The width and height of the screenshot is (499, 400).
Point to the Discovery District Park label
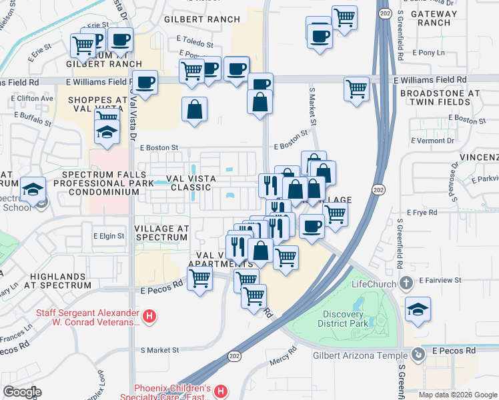(345, 319)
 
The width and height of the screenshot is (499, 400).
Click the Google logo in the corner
(22, 391)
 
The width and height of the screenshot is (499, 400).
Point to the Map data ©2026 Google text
(458, 395)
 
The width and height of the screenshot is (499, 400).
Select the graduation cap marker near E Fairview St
(418, 309)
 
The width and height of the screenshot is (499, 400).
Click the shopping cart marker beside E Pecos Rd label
(199, 280)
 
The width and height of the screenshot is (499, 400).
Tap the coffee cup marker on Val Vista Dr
(145, 83)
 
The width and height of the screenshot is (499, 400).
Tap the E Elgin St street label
(109, 236)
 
